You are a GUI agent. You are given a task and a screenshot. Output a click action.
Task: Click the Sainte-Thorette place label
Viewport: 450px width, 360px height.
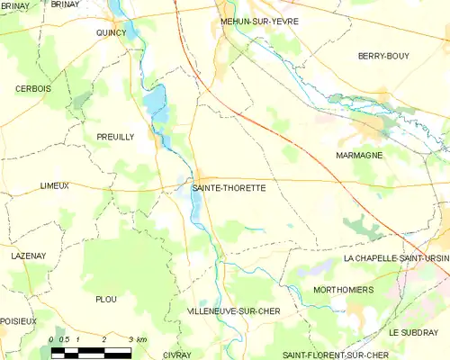click(x=229, y=189)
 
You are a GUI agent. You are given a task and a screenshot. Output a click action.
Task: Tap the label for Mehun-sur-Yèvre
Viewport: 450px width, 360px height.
click(x=260, y=21)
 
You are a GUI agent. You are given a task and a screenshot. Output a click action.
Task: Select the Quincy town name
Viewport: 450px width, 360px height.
click(x=112, y=31)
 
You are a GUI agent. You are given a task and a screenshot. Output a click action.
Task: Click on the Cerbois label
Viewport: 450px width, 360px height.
click(x=32, y=88)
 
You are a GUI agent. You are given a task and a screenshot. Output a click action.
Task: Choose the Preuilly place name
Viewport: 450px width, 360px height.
click(x=114, y=137)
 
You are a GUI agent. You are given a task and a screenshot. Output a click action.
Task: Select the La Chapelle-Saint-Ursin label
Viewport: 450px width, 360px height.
click(x=396, y=258)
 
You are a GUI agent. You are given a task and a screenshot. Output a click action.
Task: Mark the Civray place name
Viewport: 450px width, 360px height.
click(x=178, y=355)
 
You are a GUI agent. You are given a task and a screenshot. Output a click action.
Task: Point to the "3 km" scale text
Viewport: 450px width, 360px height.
click(x=137, y=338)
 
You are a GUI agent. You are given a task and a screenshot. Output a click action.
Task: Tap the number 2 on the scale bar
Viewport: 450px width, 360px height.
click(x=105, y=338)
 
